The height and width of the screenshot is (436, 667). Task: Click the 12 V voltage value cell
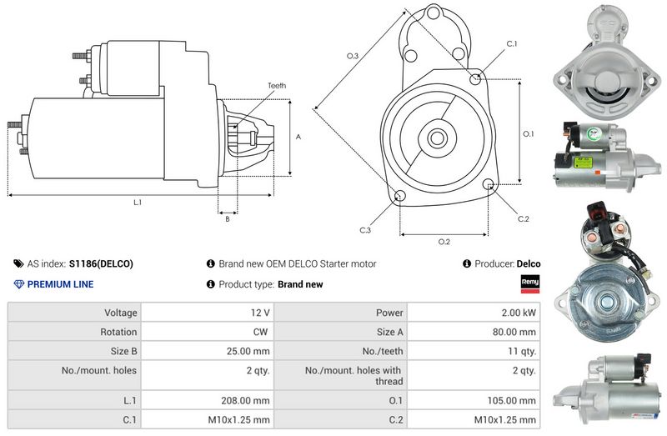(260, 313)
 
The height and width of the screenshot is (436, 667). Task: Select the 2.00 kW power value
(519, 313)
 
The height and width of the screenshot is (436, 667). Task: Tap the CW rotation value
(260, 332)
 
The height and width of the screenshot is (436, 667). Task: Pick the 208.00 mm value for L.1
(245, 400)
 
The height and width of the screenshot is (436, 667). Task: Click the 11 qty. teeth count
(522, 351)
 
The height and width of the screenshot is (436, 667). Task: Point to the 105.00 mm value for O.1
(512, 400)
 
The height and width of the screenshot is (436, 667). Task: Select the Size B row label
(123, 351)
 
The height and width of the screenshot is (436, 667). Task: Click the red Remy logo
(530, 283)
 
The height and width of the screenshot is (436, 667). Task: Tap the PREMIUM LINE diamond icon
(18, 284)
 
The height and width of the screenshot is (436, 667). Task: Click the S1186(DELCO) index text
(101, 263)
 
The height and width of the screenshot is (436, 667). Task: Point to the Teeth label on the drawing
(277, 86)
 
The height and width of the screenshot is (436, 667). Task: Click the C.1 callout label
(512, 43)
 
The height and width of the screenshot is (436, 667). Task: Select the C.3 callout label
(365, 230)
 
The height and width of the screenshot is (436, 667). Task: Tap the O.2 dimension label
(444, 242)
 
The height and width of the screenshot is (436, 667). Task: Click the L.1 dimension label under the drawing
(138, 203)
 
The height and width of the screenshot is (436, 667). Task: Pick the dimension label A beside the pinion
(298, 137)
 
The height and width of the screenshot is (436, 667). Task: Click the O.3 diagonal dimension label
(353, 56)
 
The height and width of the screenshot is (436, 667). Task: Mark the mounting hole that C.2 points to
(489, 184)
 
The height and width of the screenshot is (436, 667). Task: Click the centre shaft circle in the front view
(437, 138)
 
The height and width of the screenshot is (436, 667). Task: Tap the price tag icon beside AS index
(18, 263)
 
